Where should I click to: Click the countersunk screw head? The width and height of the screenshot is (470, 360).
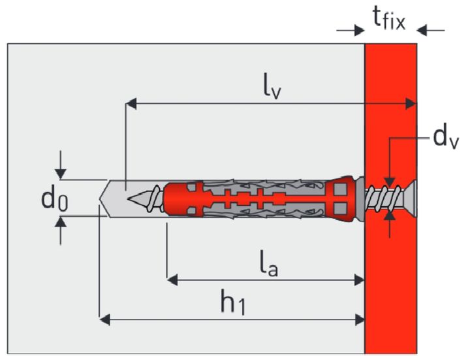click(406, 197)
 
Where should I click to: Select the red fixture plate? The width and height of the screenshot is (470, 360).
click(390, 294)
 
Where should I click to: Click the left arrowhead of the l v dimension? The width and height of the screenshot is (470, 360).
click(131, 103)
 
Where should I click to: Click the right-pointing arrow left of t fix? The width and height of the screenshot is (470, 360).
click(357, 29)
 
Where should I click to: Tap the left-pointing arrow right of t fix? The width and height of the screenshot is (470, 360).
click(424, 29)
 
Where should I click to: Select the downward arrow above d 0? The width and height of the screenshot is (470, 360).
click(61, 173)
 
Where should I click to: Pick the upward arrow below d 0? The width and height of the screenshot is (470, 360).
click(61, 223)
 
